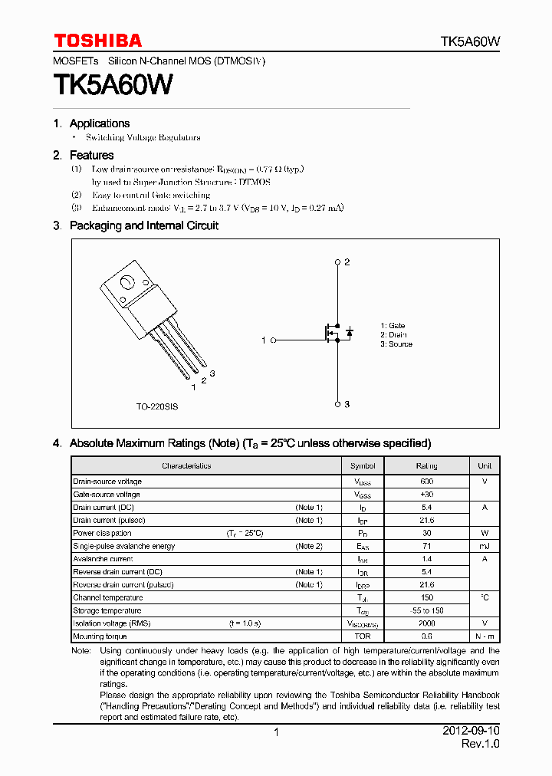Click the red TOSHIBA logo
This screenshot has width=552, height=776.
click(97, 41)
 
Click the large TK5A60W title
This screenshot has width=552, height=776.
click(113, 85)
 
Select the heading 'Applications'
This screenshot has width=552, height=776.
click(99, 123)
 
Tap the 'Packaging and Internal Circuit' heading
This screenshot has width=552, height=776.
click(143, 225)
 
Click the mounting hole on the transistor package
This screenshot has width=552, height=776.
click(125, 281)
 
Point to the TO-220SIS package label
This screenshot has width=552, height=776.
click(156, 406)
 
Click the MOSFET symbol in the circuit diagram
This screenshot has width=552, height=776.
click(332, 333)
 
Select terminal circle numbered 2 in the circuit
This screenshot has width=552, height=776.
click(337, 262)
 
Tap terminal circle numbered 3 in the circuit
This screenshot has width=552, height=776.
click(337, 404)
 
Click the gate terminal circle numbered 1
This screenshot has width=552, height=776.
click(272, 340)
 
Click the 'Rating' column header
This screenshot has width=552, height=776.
click(426, 466)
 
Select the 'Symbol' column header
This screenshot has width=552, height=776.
click(363, 466)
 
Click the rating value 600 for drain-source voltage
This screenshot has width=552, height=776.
click(426, 482)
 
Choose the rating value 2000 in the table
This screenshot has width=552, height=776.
click(426, 623)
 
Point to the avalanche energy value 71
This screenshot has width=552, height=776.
click(426, 546)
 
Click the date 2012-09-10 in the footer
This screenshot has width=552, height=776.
click(471, 732)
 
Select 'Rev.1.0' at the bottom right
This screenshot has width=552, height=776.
click(480, 745)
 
